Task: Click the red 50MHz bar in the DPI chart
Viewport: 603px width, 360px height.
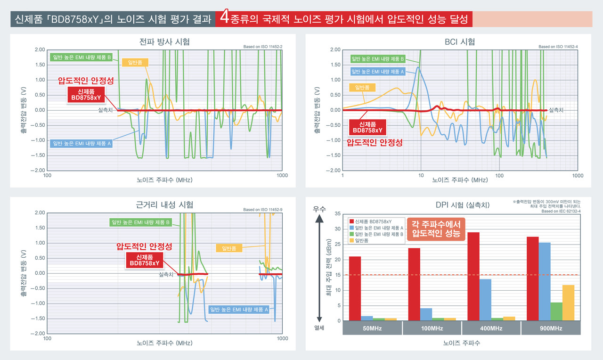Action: pyautogui.click(x=355, y=288)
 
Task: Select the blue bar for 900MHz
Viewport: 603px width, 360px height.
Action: pyautogui.click(x=545, y=282)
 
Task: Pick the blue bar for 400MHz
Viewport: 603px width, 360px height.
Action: pyautogui.click(x=485, y=300)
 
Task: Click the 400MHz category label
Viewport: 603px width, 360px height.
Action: pyautogui.click(x=491, y=328)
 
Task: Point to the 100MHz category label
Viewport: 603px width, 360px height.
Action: pyautogui.click(x=432, y=328)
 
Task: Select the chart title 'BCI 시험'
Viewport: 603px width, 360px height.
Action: pyautogui.click(x=459, y=42)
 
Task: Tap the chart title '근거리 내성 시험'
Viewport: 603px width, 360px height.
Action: pyautogui.click(x=164, y=205)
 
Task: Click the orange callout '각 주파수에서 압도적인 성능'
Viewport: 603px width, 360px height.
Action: pyautogui.click(x=436, y=229)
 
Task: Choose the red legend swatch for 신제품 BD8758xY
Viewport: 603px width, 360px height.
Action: pyautogui.click(x=351, y=221)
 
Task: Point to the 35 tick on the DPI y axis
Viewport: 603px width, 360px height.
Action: pyautogui.click(x=338, y=213)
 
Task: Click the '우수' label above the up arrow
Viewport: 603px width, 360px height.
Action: pyautogui.click(x=319, y=207)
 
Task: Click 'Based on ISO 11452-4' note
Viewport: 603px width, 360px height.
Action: pyautogui.click(x=558, y=47)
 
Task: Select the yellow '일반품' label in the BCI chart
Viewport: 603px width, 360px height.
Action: pyautogui.click(x=362, y=87)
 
